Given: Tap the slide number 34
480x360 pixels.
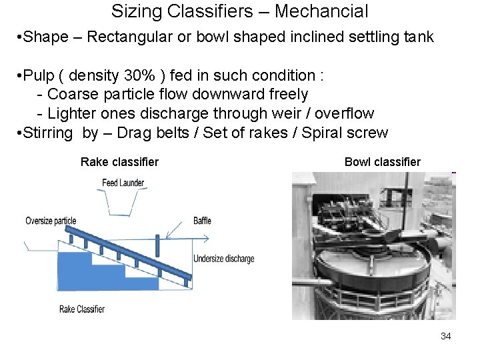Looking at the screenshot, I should [x=445, y=336].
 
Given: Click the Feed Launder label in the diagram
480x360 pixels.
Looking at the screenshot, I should [x=123, y=183].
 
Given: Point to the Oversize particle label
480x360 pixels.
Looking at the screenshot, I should [x=51, y=221].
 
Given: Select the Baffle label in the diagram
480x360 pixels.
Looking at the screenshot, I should [x=202, y=221].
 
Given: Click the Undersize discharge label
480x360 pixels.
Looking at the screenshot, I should [x=223, y=259].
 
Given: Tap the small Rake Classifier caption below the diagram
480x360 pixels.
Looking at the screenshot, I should [x=82, y=309].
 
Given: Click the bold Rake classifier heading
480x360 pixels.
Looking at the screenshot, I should [x=119, y=162].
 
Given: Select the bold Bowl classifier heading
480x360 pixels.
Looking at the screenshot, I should [x=383, y=162].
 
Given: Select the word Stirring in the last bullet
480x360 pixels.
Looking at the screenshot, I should [x=47, y=133].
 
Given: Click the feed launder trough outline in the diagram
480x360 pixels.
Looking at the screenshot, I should [x=122, y=203].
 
